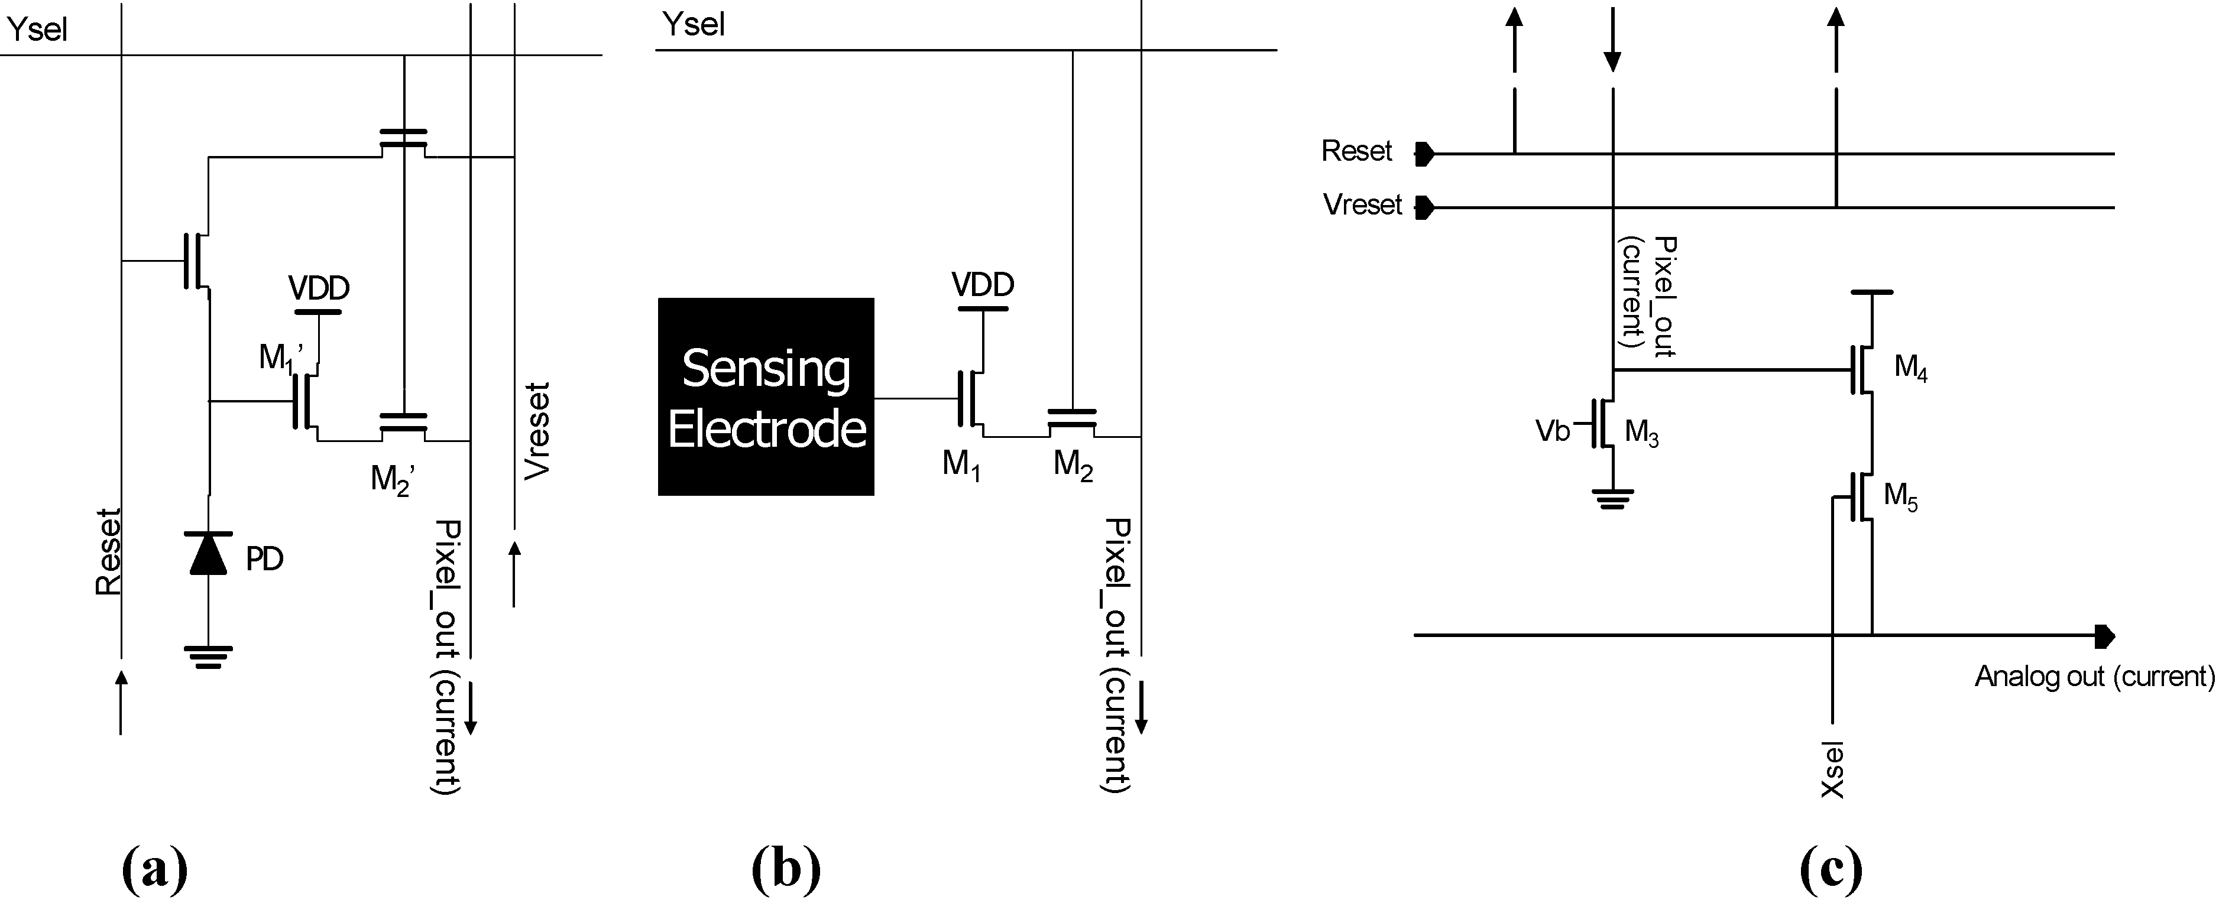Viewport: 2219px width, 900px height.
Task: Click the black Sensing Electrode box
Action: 766,396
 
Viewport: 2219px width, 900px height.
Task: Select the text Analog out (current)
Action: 2094,677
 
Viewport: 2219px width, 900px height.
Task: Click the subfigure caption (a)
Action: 155,870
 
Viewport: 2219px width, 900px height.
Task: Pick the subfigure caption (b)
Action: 786,870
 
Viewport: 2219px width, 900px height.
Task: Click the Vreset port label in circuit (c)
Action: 1363,205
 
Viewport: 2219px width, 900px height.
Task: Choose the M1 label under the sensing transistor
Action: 961,465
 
